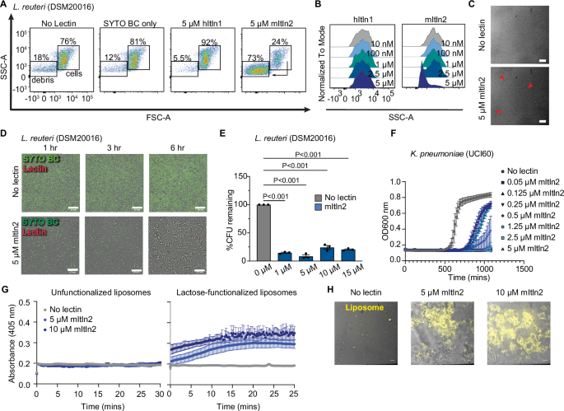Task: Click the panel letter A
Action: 6,6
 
